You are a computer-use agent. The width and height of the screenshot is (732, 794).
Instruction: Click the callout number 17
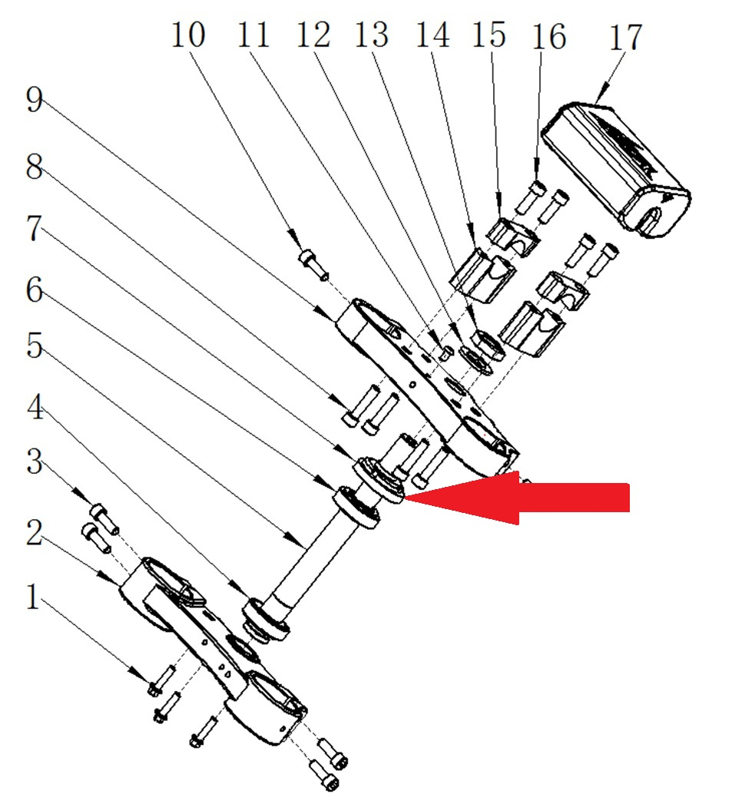pyautogui.click(x=626, y=37)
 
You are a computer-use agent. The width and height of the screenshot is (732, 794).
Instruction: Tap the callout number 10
pyautogui.click(x=188, y=35)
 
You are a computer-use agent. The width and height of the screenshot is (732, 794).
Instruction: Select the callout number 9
pyautogui.click(x=35, y=100)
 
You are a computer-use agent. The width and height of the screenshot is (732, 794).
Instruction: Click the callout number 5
pyautogui.click(x=35, y=346)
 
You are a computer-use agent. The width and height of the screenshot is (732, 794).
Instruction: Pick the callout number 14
pyautogui.click(x=432, y=35)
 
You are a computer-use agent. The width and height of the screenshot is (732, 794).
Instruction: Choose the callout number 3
pyautogui.click(x=35, y=462)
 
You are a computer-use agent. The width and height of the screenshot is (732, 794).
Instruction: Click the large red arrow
pyautogui.click(x=517, y=498)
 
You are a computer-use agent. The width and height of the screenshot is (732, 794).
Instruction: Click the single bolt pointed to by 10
pyautogui.click(x=313, y=264)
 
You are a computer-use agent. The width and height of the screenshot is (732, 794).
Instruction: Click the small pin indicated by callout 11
pyautogui.click(x=445, y=352)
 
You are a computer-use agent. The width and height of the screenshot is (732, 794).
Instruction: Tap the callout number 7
pyautogui.click(x=35, y=228)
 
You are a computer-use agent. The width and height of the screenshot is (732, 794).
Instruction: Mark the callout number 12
pyautogui.click(x=313, y=35)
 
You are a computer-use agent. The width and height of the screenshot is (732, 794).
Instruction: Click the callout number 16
pyautogui.click(x=548, y=37)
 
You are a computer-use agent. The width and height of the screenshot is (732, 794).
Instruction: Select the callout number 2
pyautogui.click(x=35, y=533)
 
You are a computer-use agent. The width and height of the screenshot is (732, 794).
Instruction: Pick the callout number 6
pyautogui.click(x=35, y=290)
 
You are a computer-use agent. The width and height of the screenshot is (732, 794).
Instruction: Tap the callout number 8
pyautogui.click(x=35, y=167)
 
